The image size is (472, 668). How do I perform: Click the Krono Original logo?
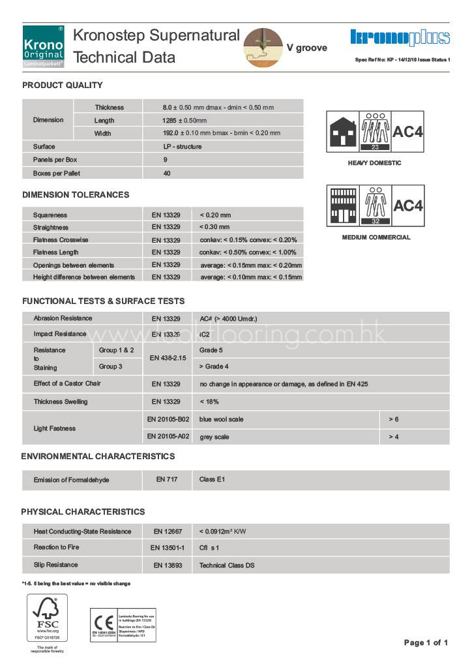pyautogui.click(x=43, y=47)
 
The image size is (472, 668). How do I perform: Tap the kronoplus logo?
pyautogui.click(x=400, y=38)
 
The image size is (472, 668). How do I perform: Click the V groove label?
pyautogui.click(x=306, y=48)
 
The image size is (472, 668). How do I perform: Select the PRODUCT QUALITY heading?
pyautogui.click(x=63, y=85)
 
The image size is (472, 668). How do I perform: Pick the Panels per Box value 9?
pyautogui.click(x=166, y=160)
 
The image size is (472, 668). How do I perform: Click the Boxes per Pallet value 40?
pyautogui.click(x=167, y=174)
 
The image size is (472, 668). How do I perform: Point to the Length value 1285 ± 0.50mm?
pyautogui.click(x=184, y=121)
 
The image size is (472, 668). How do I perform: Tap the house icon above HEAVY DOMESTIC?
pyautogui.click(x=343, y=132)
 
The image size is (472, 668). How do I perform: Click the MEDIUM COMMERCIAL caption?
pyautogui.click(x=376, y=237)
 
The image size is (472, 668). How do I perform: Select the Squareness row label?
pyautogui.click(x=50, y=215)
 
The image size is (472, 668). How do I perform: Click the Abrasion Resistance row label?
pyautogui.click(x=63, y=318)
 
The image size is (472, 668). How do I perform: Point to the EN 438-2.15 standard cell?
pyautogui.click(x=168, y=358)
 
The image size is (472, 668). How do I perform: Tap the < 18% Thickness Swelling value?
pyautogui.click(x=209, y=402)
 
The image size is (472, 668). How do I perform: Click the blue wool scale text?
pyautogui.click(x=221, y=419)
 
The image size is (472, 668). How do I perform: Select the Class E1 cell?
pyautogui.click(x=212, y=479)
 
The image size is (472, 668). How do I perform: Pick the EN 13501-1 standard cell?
pyautogui.click(x=168, y=548)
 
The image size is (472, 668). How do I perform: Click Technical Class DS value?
pyautogui.click(x=227, y=566)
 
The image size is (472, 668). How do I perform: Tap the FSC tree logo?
pyautogui.click(x=48, y=616)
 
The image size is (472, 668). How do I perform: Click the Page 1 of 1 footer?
pyautogui.click(x=426, y=643)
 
